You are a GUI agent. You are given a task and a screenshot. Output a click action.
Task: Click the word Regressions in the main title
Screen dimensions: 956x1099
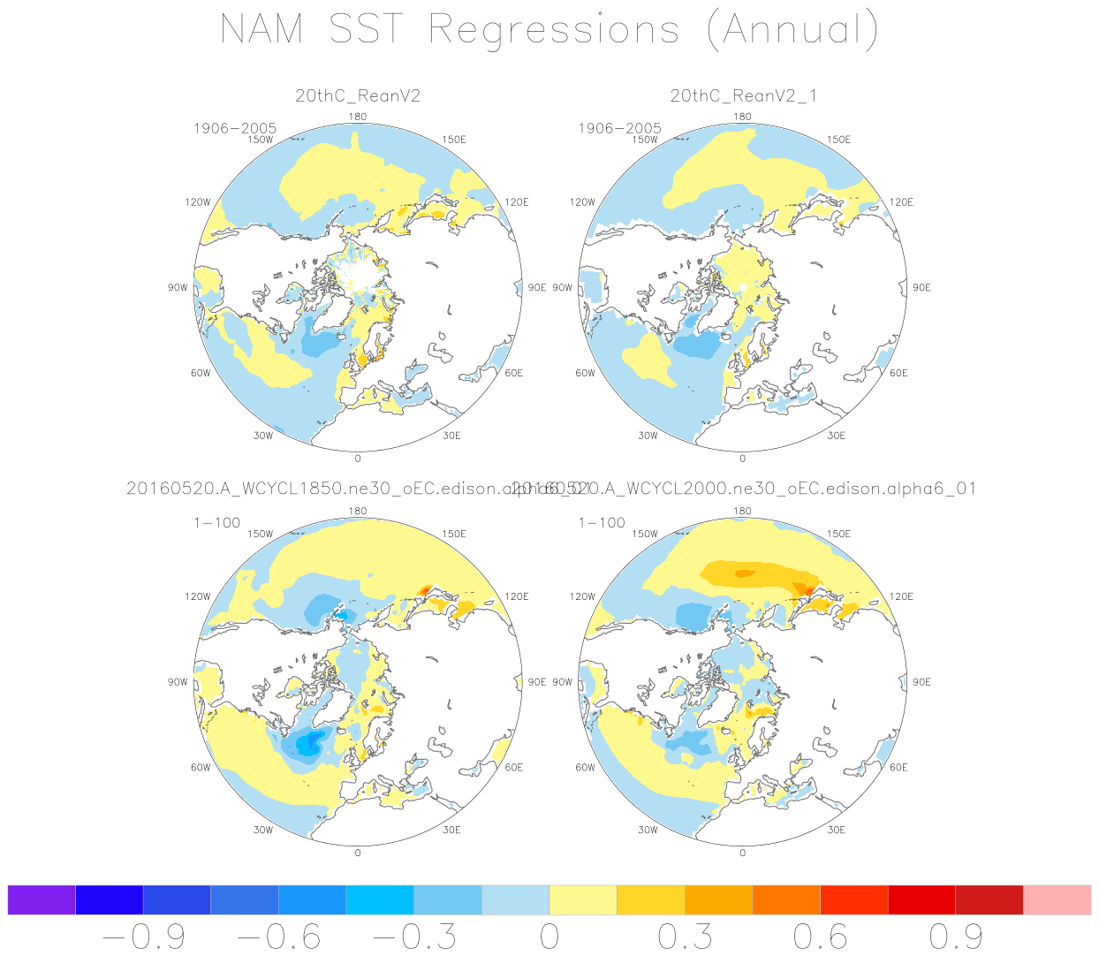[554, 31]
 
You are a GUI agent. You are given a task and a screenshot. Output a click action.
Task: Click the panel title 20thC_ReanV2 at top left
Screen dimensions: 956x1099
[358, 96]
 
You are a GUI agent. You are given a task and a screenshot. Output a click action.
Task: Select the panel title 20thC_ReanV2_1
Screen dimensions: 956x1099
[743, 96]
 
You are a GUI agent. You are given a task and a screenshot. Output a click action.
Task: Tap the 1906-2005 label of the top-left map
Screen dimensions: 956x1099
[235, 129]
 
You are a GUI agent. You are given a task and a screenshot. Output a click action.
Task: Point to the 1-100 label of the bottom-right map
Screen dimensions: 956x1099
[602, 523]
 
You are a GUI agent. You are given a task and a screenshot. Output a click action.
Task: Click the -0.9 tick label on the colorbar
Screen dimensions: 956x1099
[144, 937]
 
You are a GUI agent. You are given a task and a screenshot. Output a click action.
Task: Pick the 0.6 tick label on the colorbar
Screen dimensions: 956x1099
[820, 937]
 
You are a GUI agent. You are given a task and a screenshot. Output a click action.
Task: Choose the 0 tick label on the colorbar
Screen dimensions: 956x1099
[549, 937]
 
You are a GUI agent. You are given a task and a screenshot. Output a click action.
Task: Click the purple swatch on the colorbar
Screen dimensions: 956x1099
[42, 900]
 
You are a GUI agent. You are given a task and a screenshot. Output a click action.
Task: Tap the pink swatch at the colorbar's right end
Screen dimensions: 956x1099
[1057, 900]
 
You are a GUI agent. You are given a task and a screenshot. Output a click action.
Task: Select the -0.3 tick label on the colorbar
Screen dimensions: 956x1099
[414, 937]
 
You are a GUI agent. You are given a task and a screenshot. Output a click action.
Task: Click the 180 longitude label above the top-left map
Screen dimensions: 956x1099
[358, 117]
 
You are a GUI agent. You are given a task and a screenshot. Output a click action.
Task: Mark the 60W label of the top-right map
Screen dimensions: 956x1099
[585, 373]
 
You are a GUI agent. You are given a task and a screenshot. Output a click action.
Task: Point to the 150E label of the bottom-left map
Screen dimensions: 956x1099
[454, 534]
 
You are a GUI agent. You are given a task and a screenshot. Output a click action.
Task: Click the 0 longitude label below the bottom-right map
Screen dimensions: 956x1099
[742, 853]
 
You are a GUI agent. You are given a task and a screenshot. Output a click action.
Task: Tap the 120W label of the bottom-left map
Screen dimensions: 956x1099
[198, 596]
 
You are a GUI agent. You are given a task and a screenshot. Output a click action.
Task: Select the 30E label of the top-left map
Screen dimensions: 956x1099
[451, 436]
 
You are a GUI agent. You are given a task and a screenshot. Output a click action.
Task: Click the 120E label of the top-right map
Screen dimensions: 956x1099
[901, 202]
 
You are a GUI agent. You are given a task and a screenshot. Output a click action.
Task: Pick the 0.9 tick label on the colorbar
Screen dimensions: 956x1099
[956, 937]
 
